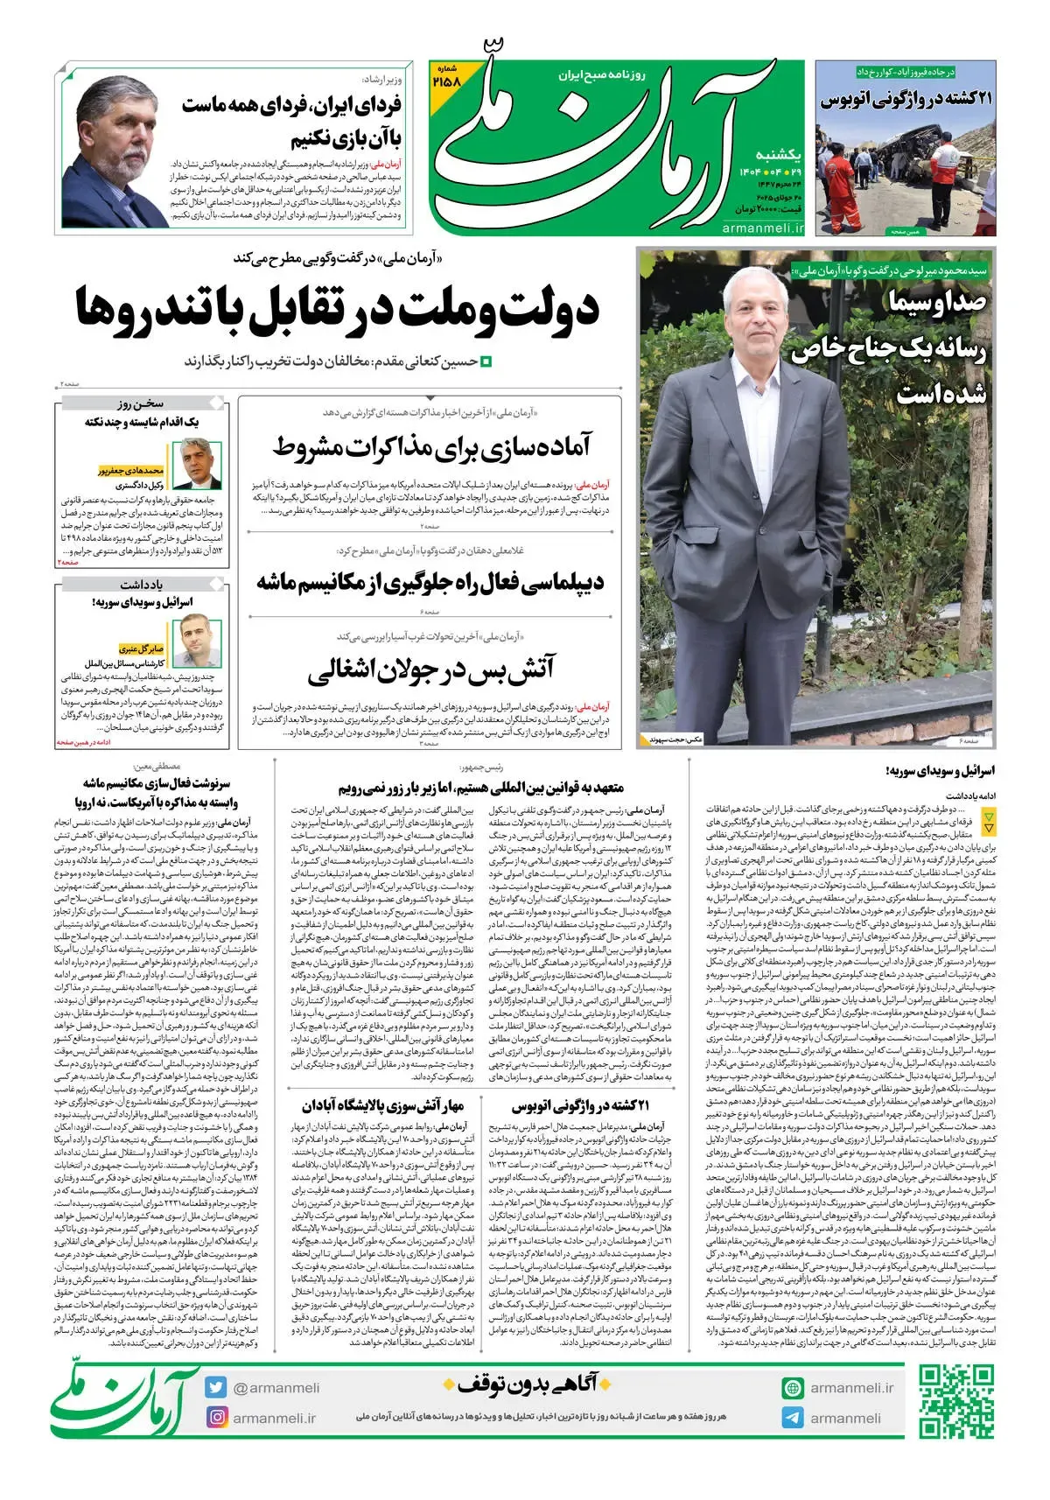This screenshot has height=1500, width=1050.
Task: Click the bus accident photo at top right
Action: [x=906, y=175]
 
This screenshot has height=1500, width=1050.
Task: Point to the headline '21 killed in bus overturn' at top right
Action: [x=906, y=100]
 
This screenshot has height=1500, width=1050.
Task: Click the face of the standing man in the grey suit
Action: [x=750, y=325]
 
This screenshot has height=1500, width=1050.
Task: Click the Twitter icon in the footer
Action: [x=216, y=1387]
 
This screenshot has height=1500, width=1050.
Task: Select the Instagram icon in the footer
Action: [x=216, y=1417]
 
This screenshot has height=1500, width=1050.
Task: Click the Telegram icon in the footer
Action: [x=793, y=1418]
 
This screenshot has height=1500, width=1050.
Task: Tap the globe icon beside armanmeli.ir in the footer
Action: [x=793, y=1388]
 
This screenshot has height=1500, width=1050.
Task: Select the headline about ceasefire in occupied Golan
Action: [x=430, y=671]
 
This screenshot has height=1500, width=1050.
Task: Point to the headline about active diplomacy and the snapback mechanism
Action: [x=430, y=582]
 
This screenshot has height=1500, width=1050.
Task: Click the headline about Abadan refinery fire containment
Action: [x=383, y=1106]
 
